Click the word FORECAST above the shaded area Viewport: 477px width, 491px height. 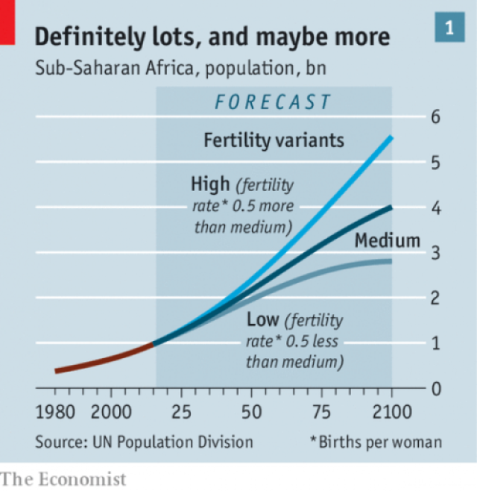[x=273, y=102]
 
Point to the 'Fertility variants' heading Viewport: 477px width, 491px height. [x=274, y=140]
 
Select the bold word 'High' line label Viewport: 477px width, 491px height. [x=209, y=183]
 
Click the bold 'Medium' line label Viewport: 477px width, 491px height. [x=387, y=241]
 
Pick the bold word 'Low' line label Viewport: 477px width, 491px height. [x=262, y=321]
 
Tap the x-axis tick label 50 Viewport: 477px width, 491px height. [x=251, y=412]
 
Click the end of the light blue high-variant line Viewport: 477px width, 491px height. [x=391, y=138]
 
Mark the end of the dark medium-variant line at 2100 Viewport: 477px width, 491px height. [x=391, y=207]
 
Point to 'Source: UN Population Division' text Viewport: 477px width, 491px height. [x=144, y=442]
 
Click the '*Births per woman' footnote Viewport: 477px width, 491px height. [x=376, y=442]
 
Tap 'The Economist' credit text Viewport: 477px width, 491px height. [x=63, y=478]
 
